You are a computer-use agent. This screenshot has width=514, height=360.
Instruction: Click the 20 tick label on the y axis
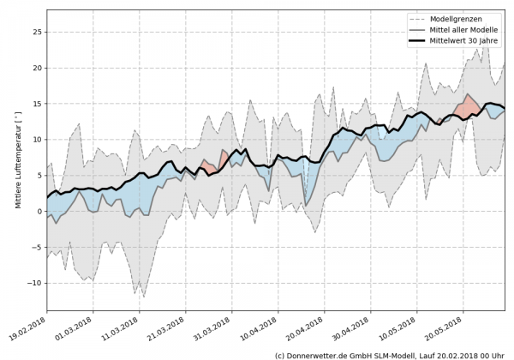(x=36, y=68)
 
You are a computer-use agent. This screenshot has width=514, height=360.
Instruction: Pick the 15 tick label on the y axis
(x=36, y=104)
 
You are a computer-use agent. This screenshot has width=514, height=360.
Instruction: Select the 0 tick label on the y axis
(x=39, y=212)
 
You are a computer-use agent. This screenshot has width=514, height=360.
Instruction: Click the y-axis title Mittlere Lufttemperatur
(x=16, y=161)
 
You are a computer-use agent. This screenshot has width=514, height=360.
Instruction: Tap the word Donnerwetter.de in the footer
(x=320, y=354)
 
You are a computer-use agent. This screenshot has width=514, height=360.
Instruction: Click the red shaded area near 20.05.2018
(x=469, y=107)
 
